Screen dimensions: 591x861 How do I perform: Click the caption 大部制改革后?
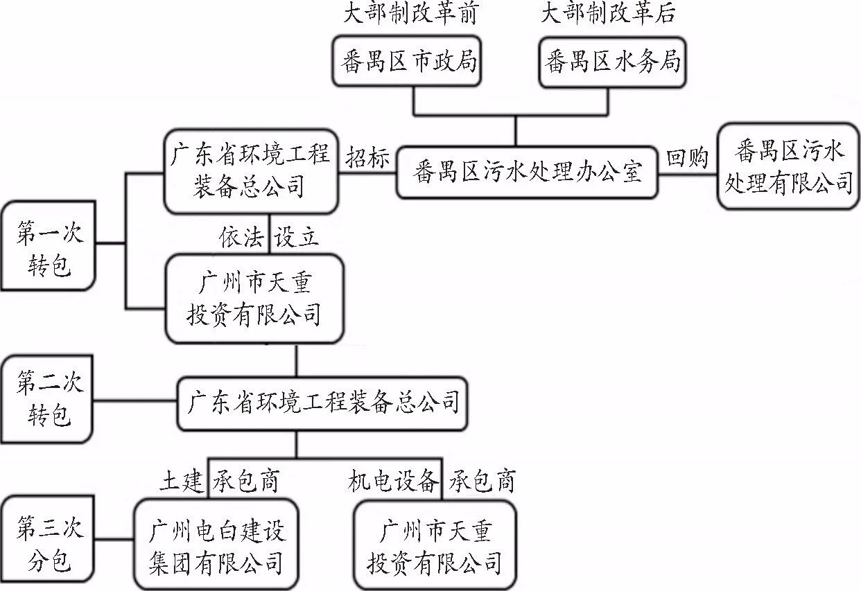pyautogui.click(x=607, y=15)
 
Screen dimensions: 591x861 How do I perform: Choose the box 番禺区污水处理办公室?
pyautogui.click(x=527, y=171)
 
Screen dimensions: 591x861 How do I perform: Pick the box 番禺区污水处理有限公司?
pyautogui.click(x=788, y=166)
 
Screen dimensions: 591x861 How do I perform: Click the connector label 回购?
pyautogui.click(x=687, y=158)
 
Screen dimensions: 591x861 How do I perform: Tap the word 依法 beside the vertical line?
pyautogui.click(x=242, y=238)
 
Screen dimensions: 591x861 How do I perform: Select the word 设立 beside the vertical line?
pyautogui.click(x=296, y=238)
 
